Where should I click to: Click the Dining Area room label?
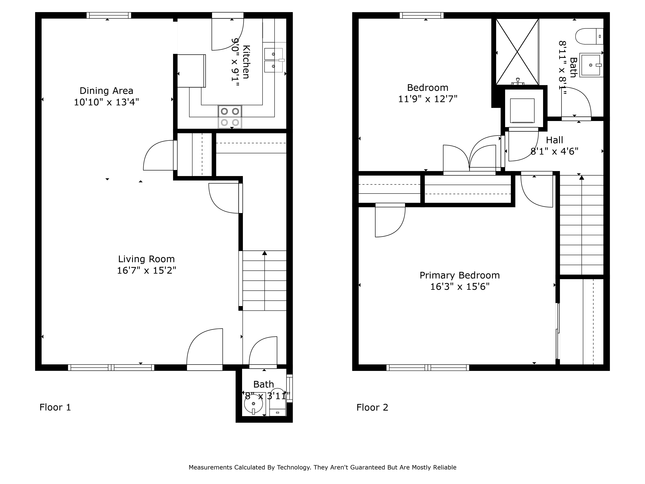click(106, 91)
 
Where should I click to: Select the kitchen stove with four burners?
click(230, 117)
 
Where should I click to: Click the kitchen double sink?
click(273, 60)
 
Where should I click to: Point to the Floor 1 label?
click(55, 407)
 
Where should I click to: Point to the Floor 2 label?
click(372, 407)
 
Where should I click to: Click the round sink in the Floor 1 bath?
click(253, 404)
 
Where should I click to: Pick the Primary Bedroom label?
click(460, 275)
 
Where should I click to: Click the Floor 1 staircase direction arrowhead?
click(264, 253)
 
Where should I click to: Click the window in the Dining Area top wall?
click(109, 15)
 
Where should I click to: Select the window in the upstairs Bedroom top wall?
click(422, 15)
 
